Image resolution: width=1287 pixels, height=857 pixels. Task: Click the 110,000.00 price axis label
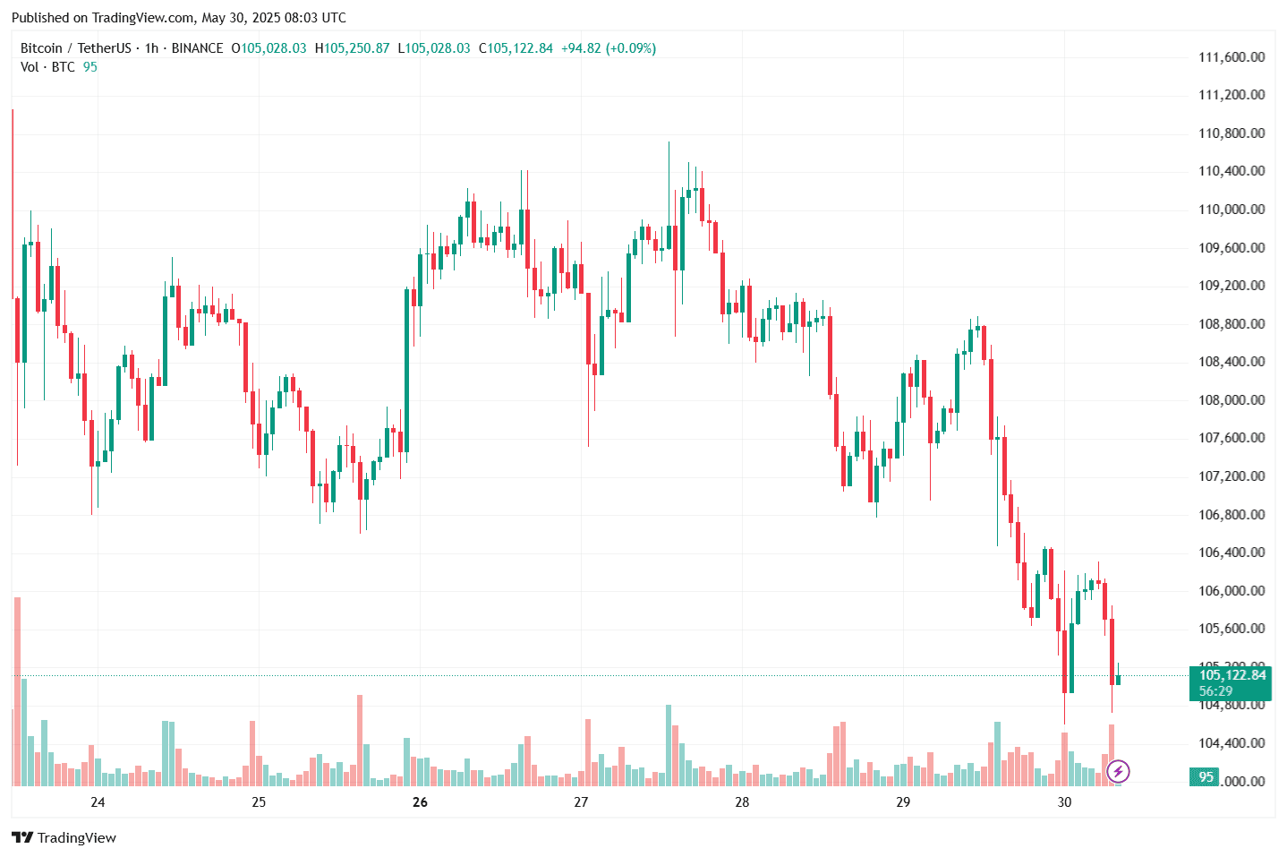1232,210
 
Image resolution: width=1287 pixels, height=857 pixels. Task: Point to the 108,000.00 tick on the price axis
1232,400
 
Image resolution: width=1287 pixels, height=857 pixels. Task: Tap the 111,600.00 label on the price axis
1232,57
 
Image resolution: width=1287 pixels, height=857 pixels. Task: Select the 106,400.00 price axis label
1232,553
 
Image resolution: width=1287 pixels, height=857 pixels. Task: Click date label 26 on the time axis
420,802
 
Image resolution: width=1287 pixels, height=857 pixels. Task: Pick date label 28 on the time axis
742,802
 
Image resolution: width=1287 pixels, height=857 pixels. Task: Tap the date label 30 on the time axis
1064,802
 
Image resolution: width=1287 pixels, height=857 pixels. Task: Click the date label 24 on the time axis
98,802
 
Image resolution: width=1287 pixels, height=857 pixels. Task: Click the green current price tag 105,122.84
1232,675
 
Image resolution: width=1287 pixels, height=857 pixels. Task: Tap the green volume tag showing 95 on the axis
1206,777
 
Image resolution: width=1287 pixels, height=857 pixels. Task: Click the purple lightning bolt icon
1118,771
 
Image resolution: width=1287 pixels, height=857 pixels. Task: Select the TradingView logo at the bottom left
64,838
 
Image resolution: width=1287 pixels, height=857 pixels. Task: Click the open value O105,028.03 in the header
268,48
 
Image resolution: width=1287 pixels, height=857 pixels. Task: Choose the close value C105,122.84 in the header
516,48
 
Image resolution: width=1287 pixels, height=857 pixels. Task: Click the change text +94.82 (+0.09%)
609,48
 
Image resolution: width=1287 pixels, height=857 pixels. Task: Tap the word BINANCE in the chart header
197,48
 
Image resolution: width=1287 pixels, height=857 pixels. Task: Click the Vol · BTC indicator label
47,67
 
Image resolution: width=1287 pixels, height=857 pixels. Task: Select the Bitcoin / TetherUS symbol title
75,48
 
